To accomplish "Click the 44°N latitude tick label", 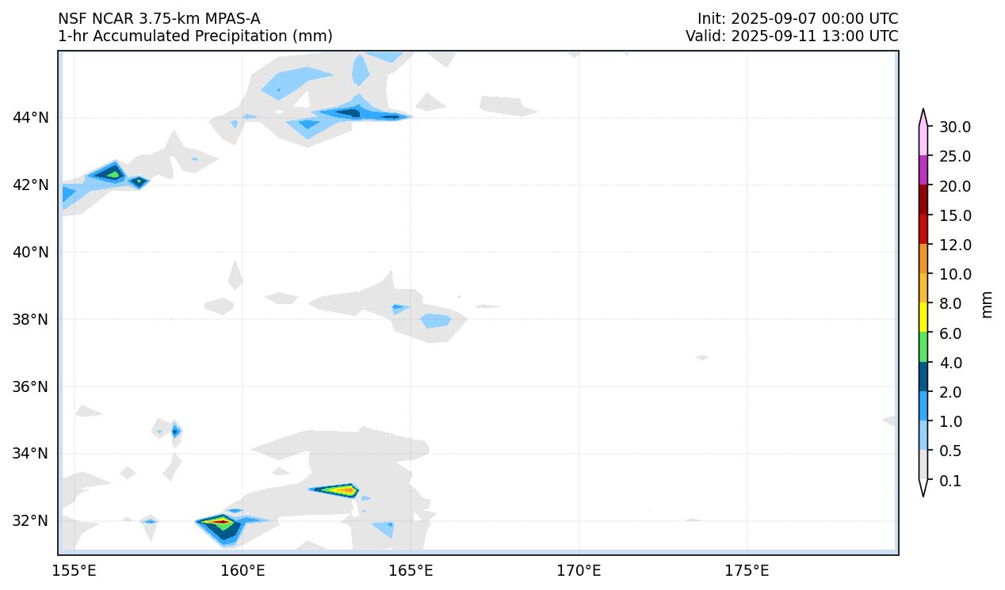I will pyautogui.click(x=31, y=118).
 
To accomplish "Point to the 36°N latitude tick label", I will pyautogui.click(x=31, y=386).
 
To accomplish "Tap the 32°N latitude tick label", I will pyautogui.click(x=31, y=521).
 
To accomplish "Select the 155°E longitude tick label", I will pyautogui.click(x=75, y=571).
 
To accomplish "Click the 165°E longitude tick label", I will pyautogui.click(x=411, y=571).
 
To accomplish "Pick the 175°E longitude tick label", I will pyautogui.click(x=747, y=571).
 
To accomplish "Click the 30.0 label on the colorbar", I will pyautogui.click(x=954, y=128).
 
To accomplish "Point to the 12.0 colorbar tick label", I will pyautogui.click(x=954, y=245).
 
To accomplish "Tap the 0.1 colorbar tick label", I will pyautogui.click(x=950, y=481).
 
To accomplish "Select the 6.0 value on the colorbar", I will pyautogui.click(x=950, y=333).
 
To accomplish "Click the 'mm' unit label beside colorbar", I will pyautogui.click(x=987, y=304).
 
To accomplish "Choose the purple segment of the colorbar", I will pyautogui.click(x=923, y=170).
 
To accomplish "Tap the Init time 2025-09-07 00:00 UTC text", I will pyautogui.click(x=797, y=18).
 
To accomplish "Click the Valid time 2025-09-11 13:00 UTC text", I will pyautogui.click(x=792, y=36).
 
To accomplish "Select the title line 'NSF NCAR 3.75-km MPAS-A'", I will pyautogui.click(x=159, y=18).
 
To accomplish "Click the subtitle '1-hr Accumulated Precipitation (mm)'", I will pyautogui.click(x=195, y=36).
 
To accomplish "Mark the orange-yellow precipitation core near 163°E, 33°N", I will pyautogui.click(x=342, y=490).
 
